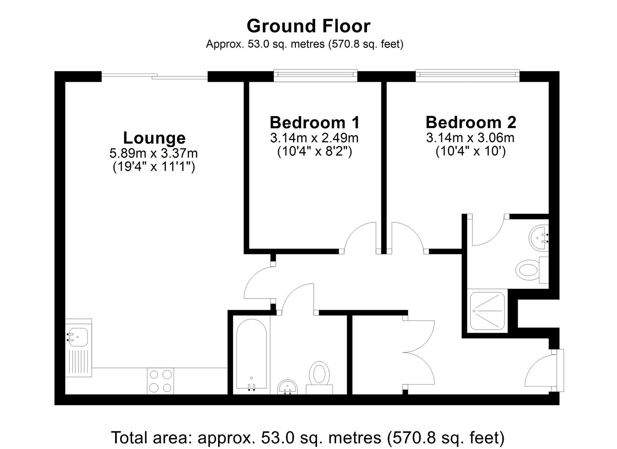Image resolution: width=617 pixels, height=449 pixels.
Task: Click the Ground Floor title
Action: pyautogui.click(x=308, y=26)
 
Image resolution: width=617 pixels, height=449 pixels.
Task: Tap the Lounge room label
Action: pyautogui.click(x=154, y=138)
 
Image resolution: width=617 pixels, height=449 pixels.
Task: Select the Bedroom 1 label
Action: pyautogui.click(x=315, y=122)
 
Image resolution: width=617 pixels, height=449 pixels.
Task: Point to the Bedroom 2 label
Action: pyautogui.click(x=471, y=122)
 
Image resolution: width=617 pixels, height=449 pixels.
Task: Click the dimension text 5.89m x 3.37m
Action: pyautogui.click(x=153, y=153)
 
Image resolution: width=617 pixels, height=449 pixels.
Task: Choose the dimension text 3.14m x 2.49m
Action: pyautogui.click(x=315, y=138)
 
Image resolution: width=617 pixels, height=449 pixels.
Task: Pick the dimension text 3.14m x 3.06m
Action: pyautogui.click(x=470, y=138)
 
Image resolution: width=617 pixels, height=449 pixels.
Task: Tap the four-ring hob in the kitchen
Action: pyautogui.click(x=160, y=381)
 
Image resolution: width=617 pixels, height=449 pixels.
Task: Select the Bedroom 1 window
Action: pyautogui.click(x=315, y=75)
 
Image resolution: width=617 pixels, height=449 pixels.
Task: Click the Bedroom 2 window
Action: pyautogui.click(x=467, y=75)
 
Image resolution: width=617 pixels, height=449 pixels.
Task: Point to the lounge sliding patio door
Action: pyautogui.click(x=154, y=76)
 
